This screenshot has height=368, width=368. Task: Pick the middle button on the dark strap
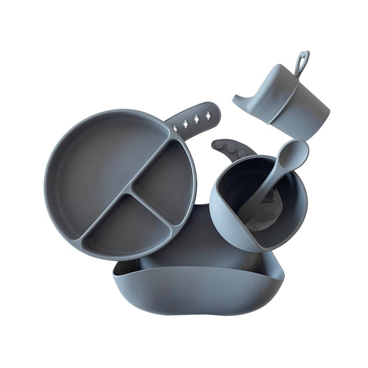(231, 148)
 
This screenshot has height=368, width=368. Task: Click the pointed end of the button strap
(213, 144)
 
